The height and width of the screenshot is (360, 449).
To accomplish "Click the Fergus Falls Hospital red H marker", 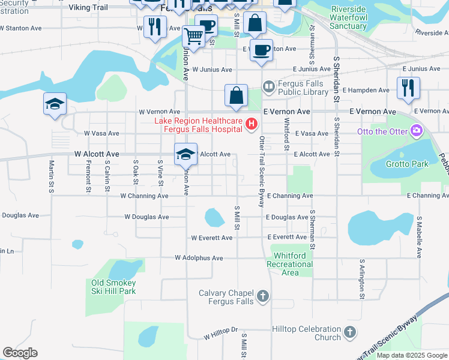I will click(252, 125).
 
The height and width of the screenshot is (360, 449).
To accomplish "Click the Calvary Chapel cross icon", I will click(262, 296).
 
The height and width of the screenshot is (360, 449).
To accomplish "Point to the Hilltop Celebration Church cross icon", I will click(351, 332).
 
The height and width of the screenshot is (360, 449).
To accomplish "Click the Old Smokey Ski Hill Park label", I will click(113, 287).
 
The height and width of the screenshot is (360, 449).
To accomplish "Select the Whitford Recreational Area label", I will click(290, 264).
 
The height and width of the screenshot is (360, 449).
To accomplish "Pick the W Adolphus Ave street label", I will click(199, 258).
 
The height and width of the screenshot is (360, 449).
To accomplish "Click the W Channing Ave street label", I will click(144, 196).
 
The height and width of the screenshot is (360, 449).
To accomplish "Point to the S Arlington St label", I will click(362, 279).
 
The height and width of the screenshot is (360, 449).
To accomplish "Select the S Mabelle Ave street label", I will click(418, 237).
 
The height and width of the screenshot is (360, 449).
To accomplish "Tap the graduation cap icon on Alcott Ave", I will click(186, 154).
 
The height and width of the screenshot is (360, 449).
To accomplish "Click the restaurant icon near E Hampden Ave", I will click(408, 88).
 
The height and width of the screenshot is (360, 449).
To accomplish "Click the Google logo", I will click(20, 353).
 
